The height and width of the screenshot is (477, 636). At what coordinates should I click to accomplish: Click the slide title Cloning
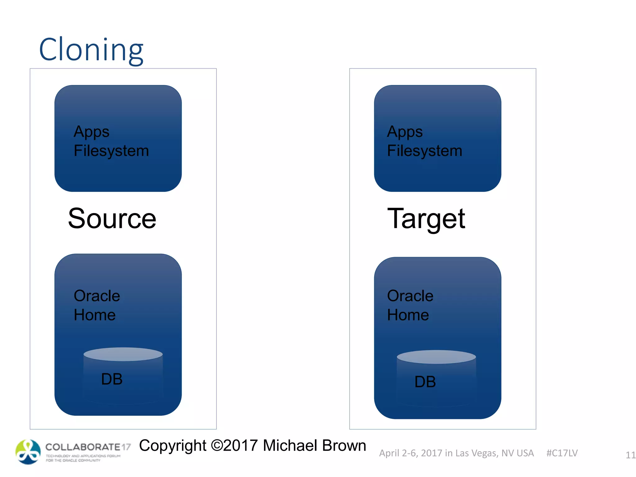tap(91, 50)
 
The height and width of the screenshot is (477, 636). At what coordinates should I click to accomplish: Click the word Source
tap(112, 219)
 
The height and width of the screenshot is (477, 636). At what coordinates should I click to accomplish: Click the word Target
tap(426, 219)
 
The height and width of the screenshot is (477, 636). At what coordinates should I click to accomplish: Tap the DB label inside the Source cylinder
tap(112, 379)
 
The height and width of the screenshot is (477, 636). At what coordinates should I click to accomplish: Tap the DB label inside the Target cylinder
tap(425, 382)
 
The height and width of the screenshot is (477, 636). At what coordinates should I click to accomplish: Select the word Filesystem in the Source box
tap(111, 151)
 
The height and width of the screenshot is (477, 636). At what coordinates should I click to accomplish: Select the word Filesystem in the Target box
tap(425, 151)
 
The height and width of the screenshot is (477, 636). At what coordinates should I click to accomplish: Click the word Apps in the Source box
tap(91, 132)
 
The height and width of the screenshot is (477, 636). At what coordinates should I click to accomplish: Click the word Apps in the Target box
tap(405, 132)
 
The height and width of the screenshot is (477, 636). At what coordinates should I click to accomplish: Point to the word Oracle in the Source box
tap(97, 296)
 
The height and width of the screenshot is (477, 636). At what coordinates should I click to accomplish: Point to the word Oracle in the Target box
tap(410, 296)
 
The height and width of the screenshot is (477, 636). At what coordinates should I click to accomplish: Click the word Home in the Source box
tap(95, 315)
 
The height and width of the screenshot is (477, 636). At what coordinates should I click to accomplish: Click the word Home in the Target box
tap(408, 315)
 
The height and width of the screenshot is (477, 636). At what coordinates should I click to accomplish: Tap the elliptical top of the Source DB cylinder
tap(123, 354)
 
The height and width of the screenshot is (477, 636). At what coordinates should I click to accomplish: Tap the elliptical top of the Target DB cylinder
tap(436, 357)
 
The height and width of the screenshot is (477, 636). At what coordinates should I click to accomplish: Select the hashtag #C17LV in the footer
tap(562, 453)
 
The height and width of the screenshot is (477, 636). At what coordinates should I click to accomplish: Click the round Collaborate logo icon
tap(28, 452)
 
